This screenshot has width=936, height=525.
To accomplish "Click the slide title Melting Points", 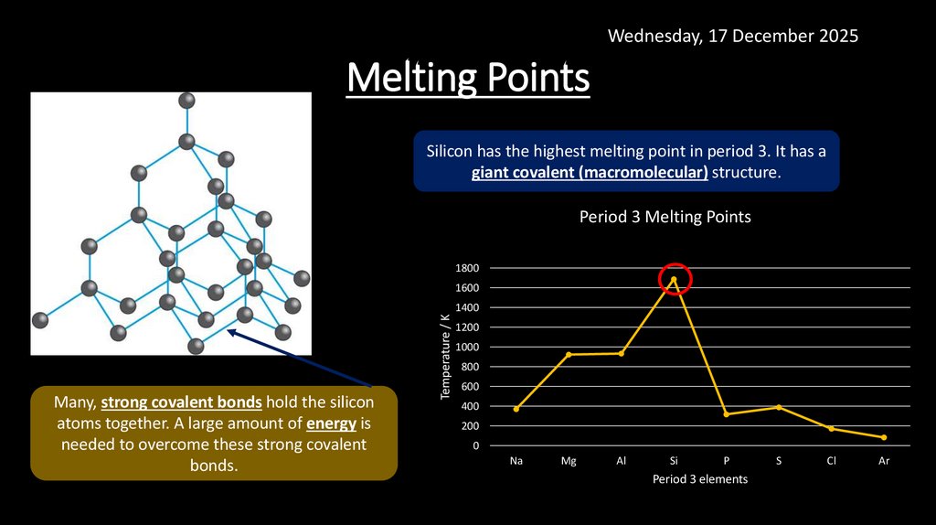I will pos(468,79).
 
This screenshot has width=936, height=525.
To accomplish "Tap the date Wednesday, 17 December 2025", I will pos(733,36).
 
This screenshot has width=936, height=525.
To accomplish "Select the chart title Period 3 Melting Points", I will pos(665,217).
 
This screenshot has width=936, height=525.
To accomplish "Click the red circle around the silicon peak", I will pos(675,279).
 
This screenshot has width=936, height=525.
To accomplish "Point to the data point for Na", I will pos(516,409).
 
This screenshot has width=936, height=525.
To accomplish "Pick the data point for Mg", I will pos(569,354).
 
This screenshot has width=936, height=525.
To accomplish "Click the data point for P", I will pos(726,414).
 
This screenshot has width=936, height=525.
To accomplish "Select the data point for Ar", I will pos(884,437).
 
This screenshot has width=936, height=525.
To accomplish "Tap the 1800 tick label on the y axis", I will pos(467,268).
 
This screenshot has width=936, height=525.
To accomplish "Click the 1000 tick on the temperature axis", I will pos(467,347).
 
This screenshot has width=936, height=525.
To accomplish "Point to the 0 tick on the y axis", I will pos(475,445).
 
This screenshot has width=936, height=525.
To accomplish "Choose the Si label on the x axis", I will pos(674,461).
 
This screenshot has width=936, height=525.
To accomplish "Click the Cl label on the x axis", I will pos(831,461).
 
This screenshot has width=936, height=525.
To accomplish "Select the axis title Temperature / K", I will pos(445,356).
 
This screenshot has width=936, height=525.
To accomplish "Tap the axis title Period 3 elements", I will pos(700,479).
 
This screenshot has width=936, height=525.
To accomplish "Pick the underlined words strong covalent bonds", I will pos(182,402).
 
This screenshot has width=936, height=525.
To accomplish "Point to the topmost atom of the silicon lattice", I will pos(186,101).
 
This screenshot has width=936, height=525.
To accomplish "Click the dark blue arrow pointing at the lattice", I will pos(302,359).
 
